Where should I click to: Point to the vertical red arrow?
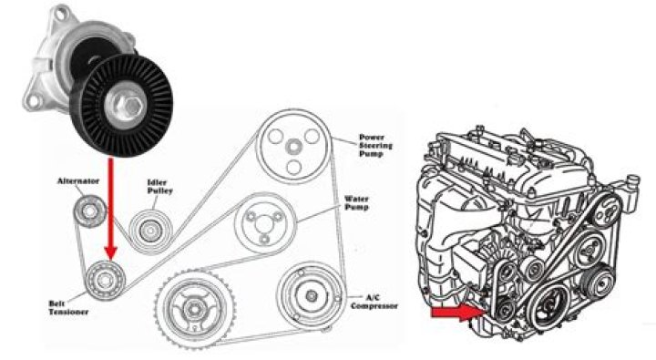coord(110,205)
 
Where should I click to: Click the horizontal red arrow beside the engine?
coord(454,314)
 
